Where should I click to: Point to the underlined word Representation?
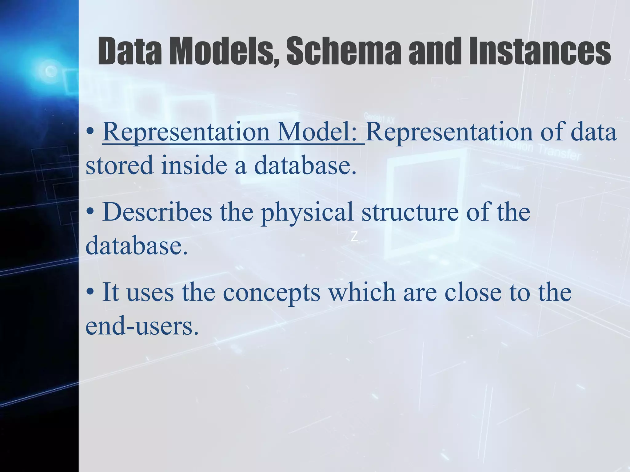[186, 132]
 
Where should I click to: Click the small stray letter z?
[354, 237]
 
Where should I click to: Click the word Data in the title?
[130, 51]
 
